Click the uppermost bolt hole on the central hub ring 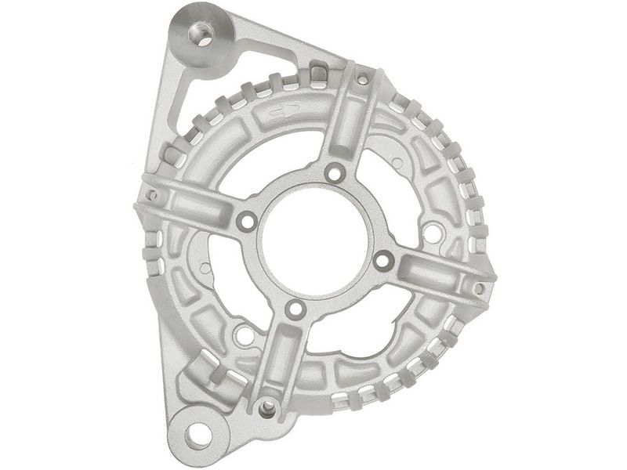(335, 172)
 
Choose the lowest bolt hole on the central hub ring (295, 309)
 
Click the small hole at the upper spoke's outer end (362, 79)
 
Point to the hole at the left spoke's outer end (152, 195)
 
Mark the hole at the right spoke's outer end (479, 288)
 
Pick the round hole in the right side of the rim (429, 231)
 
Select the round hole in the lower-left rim (245, 335)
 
